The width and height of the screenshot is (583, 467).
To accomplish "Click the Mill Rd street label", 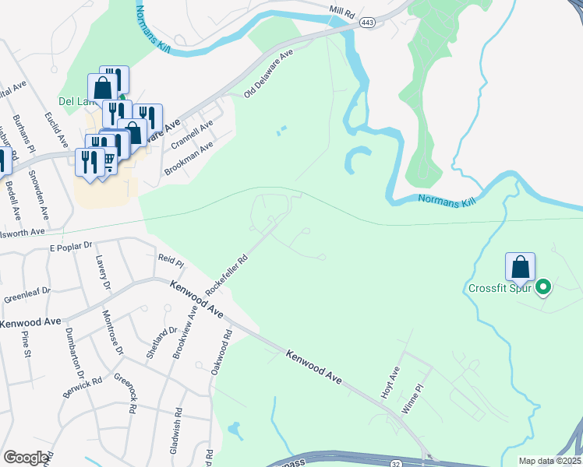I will point(341,14).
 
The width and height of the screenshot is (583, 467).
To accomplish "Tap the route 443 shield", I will point(368,24).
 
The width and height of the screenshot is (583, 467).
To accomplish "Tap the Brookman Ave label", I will point(189,159).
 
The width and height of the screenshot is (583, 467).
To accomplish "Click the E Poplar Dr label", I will point(71,247).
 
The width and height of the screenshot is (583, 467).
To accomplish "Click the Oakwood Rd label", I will point(221,353).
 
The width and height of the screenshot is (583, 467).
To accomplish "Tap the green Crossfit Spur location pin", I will point(543,288).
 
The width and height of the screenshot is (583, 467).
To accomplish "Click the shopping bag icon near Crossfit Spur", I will point(520,267).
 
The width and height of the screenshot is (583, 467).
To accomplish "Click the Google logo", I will point(26,458).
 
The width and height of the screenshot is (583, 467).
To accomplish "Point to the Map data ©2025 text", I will point(550,461).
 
